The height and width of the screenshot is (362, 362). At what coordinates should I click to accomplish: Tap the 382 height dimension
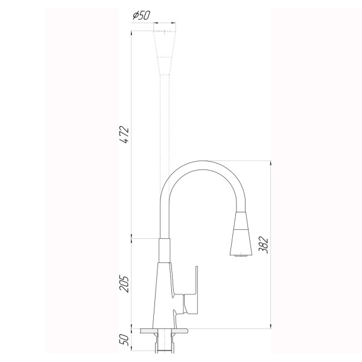click(263, 244)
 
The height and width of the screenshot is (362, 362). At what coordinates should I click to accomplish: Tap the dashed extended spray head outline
click(165, 48)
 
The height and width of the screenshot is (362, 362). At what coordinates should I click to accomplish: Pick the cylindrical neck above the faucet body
click(164, 250)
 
